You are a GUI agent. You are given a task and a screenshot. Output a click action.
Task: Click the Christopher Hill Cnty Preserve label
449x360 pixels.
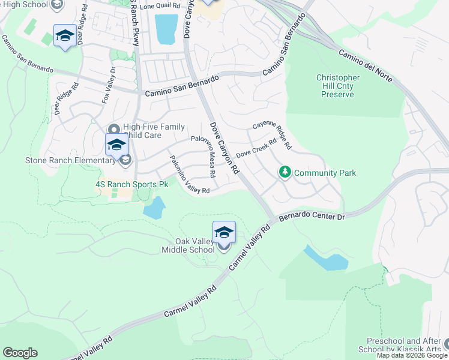[338, 86]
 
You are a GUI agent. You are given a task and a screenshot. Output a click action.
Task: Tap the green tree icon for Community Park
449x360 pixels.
[285, 173]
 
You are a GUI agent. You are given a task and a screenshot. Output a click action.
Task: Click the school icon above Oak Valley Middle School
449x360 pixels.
[224, 232]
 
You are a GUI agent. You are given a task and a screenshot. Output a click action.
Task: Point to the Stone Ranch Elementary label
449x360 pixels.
[70, 160]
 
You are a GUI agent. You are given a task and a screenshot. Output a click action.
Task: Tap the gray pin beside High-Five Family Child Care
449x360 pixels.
[114, 129]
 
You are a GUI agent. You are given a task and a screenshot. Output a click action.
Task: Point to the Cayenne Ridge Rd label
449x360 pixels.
[272, 135]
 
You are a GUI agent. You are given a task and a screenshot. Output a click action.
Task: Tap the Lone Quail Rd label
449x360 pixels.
[160, 5]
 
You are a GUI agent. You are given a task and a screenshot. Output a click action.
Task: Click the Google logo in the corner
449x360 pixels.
[20, 353]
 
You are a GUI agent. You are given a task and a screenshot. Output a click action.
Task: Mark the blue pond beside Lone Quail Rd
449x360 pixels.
[166, 29]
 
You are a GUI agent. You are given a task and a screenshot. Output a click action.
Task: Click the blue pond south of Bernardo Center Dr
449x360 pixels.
[327, 259]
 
